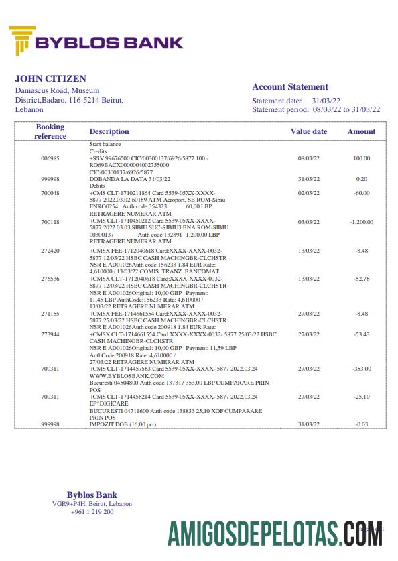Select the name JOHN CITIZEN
[46, 78]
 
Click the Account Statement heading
[290, 86]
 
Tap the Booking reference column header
[50, 131]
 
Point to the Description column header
[109, 131]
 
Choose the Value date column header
[308, 131]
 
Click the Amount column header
[361, 131]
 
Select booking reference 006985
[50, 158]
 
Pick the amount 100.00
[362, 158]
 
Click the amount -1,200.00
[361, 221]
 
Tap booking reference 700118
[50, 221]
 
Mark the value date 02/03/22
[308, 193]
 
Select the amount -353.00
[362, 369]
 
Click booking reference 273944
[50, 334]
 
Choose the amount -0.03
[362, 425]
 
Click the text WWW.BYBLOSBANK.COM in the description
[118, 375]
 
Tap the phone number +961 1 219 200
[92, 512]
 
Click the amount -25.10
[362, 397]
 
